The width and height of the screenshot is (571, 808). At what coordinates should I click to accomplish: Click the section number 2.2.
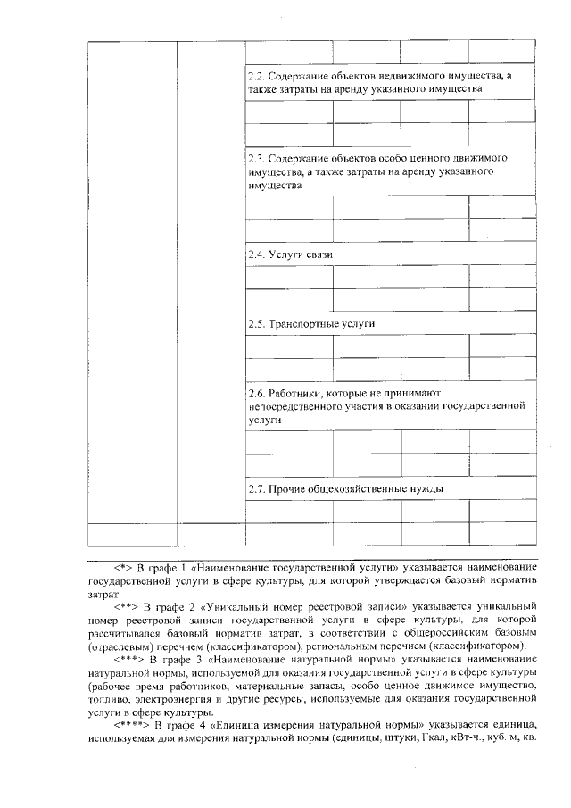(x=256, y=78)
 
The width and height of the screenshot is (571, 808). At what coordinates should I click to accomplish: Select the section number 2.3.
(x=256, y=156)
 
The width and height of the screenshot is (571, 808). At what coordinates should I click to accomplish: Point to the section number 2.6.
(x=256, y=392)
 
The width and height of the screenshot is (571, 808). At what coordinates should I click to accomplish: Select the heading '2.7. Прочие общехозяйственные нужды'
(x=345, y=488)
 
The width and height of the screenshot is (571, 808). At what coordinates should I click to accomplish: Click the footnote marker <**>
(x=123, y=606)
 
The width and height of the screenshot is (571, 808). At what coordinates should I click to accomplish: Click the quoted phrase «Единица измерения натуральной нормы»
(x=302, y=726)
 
